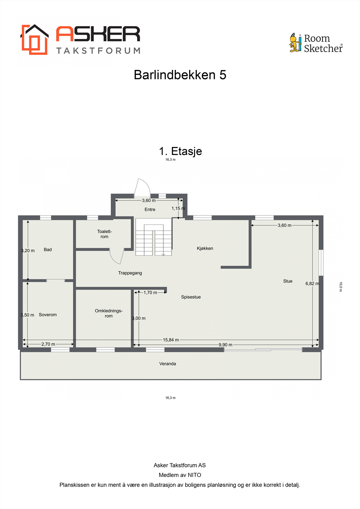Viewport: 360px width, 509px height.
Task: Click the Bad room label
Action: click(48, 250)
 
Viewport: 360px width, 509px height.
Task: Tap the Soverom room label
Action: click(48, 315)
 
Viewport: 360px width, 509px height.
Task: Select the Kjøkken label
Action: click(205, 248)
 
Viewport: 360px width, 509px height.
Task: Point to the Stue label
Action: click(288, 281)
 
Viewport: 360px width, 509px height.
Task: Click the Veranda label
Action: click(168, 364)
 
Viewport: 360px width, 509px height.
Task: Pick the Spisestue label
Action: click(191, 297)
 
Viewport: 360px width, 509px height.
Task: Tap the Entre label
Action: click(150, 209)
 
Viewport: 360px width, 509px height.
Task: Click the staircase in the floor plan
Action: click(154, 237)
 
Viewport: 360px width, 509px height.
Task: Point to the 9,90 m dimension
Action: click(225, 345)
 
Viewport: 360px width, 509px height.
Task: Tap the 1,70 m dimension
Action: click(150, 293)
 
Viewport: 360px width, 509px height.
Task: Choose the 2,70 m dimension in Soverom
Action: click(48, 344)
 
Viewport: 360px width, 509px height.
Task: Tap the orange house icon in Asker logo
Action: click(34, 40)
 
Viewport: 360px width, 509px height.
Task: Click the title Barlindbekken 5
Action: click(180, 75)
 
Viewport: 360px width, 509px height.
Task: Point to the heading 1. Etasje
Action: click(180, 151)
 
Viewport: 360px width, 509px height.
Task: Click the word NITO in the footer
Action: click(194, 475)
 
